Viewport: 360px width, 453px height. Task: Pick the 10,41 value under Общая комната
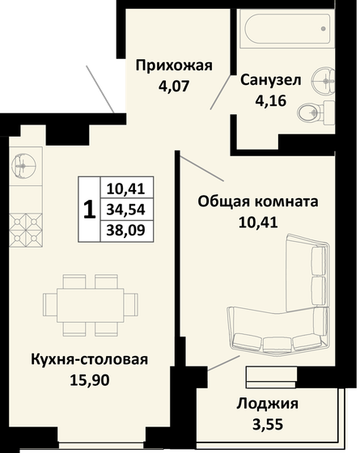pos(258,219)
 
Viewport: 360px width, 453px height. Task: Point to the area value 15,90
pos(90,378)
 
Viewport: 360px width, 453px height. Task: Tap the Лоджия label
pos(269,404)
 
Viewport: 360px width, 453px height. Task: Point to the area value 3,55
pos(269,422)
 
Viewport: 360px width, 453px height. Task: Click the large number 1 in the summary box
pos(89,209)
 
